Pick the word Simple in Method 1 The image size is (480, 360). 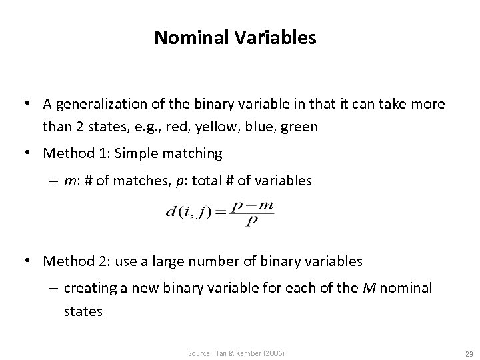tap(135, 153)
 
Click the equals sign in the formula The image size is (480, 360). tap(219, 213)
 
